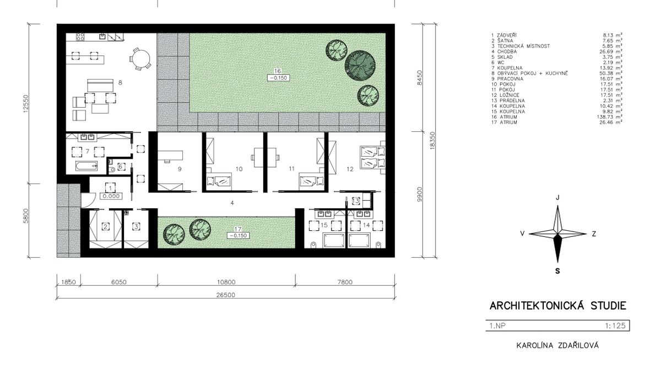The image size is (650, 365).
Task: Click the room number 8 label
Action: click(x=120, y=83)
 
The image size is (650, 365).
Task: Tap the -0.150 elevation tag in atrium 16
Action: click(x=278, y=78)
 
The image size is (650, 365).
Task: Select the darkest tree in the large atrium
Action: click(x=360, y=64)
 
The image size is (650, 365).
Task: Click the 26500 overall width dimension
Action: click(x=225, y=295)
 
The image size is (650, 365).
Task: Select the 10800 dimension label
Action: click(x=226, y=282)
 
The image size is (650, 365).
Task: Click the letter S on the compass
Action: click(x=557, y=271)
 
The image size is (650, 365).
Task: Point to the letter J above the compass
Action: click(x=557, y=197)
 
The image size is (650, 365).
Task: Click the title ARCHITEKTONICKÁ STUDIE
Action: click(x=557, y=306)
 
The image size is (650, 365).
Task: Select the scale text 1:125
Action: click(x=615, y=325)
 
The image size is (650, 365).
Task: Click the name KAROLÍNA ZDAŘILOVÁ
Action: click(x=557, y=345)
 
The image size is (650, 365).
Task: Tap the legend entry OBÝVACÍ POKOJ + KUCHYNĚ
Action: click(x=533, y=73)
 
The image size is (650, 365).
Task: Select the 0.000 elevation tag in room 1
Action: click(x=111, y=196)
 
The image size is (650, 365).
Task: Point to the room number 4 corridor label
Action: click(x=232, y=203)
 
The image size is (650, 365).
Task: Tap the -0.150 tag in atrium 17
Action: click(x=237, y=235)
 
